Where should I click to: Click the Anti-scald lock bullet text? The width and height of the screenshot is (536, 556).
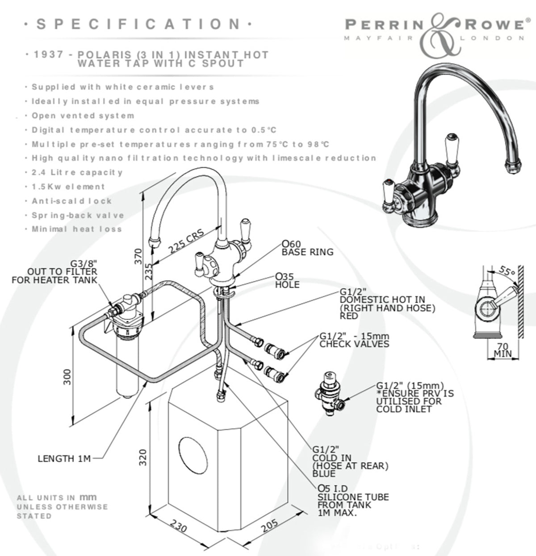click(x=72, y=201)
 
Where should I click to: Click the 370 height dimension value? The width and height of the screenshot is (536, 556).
click(x=138, y=257)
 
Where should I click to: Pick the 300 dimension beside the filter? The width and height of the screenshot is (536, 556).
click(x=67, y=378)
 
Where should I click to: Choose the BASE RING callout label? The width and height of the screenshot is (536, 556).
click(x=307, y=252)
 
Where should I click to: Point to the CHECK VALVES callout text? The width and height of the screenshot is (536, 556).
click(x=354, y=344)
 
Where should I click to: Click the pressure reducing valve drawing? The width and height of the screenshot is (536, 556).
click(x=330, y=393)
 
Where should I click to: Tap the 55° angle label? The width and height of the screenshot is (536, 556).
click(x=507, y=270)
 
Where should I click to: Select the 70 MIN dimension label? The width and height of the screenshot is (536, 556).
click(x=502, y=350)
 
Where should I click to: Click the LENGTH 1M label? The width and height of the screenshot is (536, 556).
click(x=64, y=458)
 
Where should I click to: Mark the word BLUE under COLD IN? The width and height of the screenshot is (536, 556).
click(x=324, y=474)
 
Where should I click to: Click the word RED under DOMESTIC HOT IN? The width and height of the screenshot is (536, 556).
click(x=349, y=316)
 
